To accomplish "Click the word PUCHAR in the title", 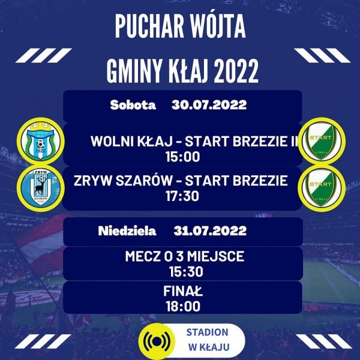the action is (x=149, y=26).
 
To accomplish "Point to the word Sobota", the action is (x=133, y=105).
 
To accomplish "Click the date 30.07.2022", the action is (x=209, y=105).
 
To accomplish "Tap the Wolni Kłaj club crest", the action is (x=41, y=141).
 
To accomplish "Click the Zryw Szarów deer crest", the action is (x=41, y=188).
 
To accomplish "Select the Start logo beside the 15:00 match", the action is (x=322, y=141).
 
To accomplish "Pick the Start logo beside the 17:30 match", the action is (x=322, y=188).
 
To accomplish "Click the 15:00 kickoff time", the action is (x=183, y=157).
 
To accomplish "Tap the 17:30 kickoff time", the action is (x=182, y=196).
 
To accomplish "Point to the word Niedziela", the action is (x=127, y=231).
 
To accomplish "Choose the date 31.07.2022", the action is (x=210, y=231).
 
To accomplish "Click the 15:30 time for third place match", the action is (x=186, y=272).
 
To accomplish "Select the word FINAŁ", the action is (x=183, y=291).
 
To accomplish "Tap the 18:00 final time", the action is (x=183, y=307).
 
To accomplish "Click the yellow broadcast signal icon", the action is (x=157, y=341).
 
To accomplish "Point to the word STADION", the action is (x=208, y=332).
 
